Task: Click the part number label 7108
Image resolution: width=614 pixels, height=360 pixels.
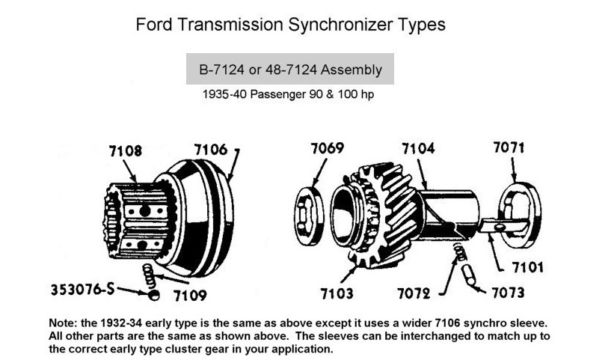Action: tap(126, 151)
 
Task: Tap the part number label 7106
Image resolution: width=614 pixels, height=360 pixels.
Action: tap(211, 149)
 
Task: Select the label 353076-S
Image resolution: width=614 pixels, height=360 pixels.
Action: tap(82, 290)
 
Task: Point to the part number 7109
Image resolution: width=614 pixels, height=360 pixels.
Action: tap(190, 296)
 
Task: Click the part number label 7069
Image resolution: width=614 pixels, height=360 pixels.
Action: tap(328, 148)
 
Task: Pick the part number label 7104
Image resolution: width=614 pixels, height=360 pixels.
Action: tap(418, 148)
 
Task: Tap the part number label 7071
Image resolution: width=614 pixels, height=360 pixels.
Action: tap(509, 147)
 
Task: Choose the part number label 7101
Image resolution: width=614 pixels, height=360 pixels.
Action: tap(528, 267)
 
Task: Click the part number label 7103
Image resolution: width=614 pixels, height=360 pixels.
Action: tap(337, 293)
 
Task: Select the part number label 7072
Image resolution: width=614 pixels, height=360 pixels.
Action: tap(414, 293)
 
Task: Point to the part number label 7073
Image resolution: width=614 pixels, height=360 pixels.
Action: tap(508, 293)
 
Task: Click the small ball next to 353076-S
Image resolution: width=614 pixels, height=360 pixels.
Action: tap(154, 296)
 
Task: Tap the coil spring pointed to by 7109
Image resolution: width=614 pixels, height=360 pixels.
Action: tap(148, 276)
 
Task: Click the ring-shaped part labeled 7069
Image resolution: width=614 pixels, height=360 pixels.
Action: tap(309, 216)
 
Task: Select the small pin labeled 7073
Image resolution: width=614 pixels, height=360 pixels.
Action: tap(469, 275)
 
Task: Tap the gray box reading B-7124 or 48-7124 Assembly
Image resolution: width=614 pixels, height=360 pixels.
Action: tap(289, 69)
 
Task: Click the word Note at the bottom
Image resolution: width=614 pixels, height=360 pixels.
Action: tap(62, 323)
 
